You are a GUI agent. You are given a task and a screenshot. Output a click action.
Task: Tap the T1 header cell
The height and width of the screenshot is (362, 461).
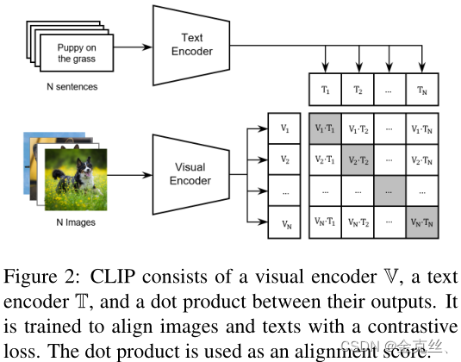325,89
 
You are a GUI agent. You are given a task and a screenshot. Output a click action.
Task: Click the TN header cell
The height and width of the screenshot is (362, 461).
422,89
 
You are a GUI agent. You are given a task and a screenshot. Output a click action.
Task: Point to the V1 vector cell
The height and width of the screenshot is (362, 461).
285,128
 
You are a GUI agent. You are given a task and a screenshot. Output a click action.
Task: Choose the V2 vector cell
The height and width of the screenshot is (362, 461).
285,159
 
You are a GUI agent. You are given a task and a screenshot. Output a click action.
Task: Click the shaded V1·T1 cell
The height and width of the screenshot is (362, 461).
325,128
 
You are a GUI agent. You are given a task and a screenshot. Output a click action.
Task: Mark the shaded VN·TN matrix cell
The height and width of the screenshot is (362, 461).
422,222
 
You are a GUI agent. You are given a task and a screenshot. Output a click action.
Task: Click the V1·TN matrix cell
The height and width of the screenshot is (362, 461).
422,128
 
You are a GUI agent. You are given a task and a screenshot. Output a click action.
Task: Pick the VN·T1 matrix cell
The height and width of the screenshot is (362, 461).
325,222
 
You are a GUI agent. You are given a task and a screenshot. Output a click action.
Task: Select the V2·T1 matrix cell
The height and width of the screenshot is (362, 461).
325,159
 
